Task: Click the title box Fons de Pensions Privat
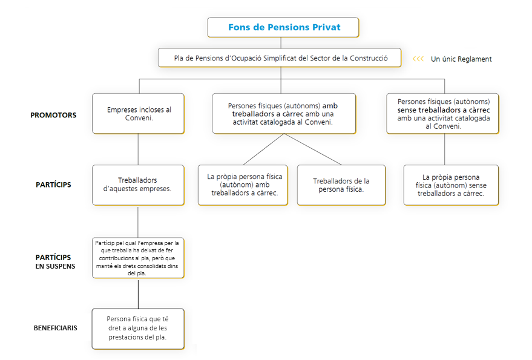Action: [x=283, y=27]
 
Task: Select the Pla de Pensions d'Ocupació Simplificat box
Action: [x=280, y=57]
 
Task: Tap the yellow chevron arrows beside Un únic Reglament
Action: [x=418, y=59]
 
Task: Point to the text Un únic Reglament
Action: [x=461, y=59]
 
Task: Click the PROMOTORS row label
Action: [x=53, y=115]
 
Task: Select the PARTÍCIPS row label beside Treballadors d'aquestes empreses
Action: [x=53, y=185]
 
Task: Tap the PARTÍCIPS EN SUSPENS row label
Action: [x=55, y=261]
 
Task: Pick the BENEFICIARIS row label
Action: [x=55, y=328]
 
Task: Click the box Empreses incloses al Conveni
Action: [x=139, y=114]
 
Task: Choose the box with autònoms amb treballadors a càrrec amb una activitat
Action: [x=284, y=114]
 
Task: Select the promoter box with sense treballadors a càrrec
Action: [x=442, y=114]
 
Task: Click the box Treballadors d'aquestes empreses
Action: [x=138, y=185]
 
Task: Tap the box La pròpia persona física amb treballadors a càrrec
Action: [x=243, y=185]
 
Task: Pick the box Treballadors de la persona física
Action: [x=341, y=185]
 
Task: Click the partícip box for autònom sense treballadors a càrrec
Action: [x=451, y=185]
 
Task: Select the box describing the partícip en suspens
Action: [x=138, y=258]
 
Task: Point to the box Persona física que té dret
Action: [x=138, y=329]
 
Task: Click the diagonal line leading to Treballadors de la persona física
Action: [x=313, y=149]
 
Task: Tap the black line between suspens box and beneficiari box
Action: [x=138, y=294]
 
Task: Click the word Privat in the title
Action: [x=326, y=27]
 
